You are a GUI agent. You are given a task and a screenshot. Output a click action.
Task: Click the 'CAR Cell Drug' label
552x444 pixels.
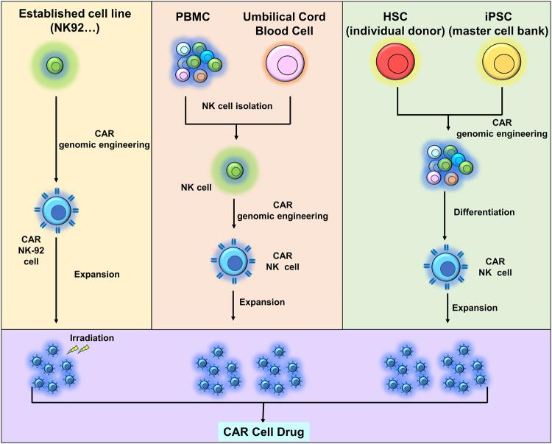coord(264,429)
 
